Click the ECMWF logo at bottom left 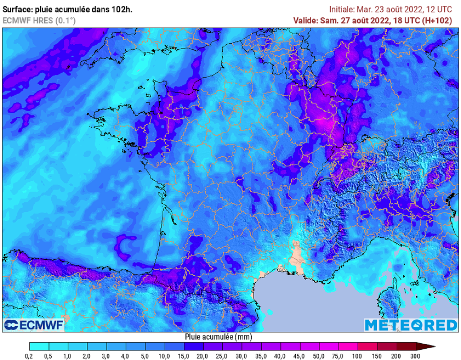(34, 324)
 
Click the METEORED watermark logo (410, 324)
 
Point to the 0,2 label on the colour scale (30, 356)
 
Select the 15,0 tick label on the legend (184, 356)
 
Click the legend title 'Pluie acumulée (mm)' (218, 337)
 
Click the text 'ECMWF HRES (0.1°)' (39, 21)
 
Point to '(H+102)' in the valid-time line (438, 20)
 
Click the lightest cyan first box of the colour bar (39, 346)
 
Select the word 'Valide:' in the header (306, 20)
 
